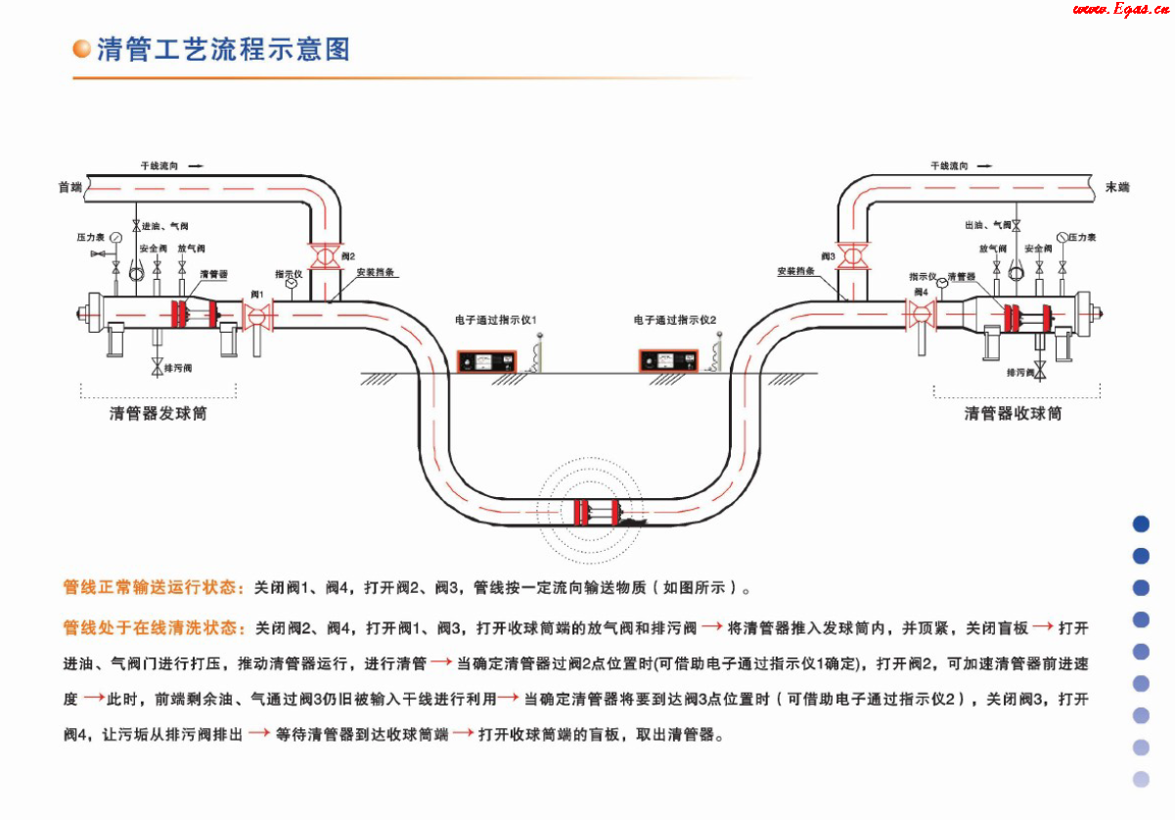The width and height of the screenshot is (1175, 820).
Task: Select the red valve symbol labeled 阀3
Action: pos(853,256)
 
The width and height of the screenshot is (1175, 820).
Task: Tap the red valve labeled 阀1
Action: pos(258,315)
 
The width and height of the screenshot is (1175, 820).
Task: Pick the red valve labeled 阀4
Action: pos(921,314)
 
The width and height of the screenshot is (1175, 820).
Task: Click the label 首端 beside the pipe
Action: pos(69,187)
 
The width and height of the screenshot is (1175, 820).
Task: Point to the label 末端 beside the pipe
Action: pos(1116,186)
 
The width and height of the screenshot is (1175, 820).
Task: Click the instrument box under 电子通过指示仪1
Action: pos(482,360)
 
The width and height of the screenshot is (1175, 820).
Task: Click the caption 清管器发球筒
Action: pos(158,414)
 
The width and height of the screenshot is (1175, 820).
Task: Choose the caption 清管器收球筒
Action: pos(1014,414)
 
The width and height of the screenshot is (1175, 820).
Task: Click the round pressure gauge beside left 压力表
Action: pos(116,237)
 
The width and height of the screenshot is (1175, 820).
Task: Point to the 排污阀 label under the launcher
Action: pos(178,369)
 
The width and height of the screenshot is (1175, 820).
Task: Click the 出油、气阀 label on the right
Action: pos(987,225)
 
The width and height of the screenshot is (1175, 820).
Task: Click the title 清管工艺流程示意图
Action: pos(223,49)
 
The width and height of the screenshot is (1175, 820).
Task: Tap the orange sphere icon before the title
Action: pos(83,49)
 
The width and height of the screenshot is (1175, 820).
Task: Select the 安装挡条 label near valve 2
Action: pos(376,272)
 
